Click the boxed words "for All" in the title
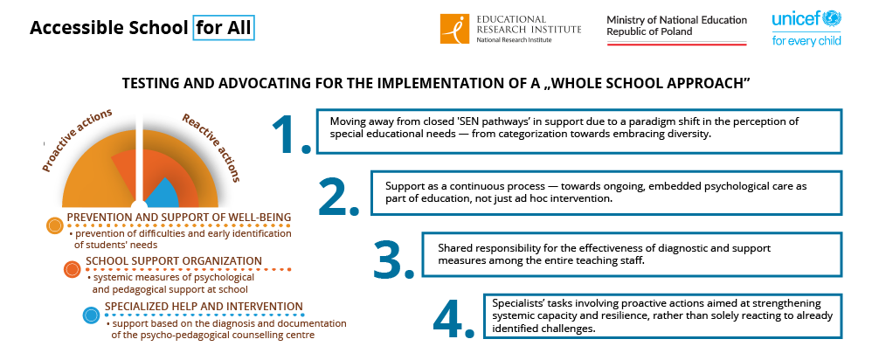click(224, 28)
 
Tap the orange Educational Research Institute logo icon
click(455, 28)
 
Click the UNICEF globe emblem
click(833, 19)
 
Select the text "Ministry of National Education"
click(677, 20)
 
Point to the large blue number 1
click(291, 134)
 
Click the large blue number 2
click(339, 196)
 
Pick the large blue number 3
click(394, 258)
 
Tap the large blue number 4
click(454, 319)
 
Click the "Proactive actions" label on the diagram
click(77, 140)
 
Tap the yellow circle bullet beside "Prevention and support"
click(55, 225)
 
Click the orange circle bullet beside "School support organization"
click(73, 269)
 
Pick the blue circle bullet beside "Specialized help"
click(91, 315)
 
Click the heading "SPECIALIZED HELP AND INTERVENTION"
click(204, 307)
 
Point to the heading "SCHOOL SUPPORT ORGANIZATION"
click(174, 261)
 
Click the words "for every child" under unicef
click(806, 40)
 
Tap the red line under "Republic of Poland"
click(676, 44)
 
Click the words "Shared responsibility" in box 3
click(482, 248)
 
